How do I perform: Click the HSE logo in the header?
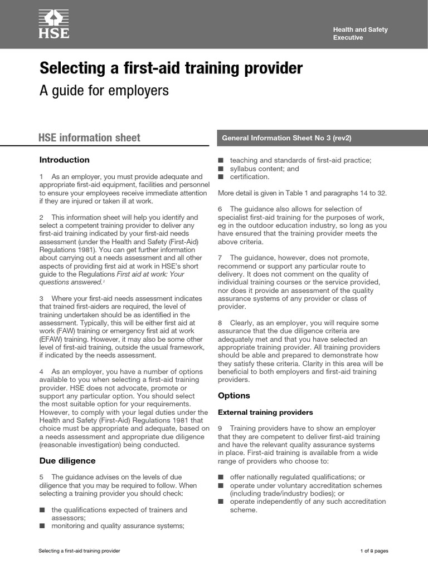[x=53, y=24]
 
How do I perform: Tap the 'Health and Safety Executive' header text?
[x=360, y=33]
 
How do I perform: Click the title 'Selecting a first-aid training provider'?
[x=171, y=68]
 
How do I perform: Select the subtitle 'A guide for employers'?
[x=104, y=91]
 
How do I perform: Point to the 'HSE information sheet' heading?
[x=89, y=137]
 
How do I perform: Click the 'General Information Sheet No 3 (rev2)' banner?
[x=286, y=137]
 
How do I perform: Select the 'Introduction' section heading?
[x=64, y=160]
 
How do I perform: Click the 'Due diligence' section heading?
[x=67, y=460]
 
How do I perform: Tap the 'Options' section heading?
[x=234, y=395]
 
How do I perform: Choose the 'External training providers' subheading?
[x=265, y=412]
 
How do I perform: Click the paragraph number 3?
[x=42, y=299]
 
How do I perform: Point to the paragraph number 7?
[x=221, y=258]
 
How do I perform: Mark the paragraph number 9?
[x=221, y=429]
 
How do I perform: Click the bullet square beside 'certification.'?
[x=221, y=177]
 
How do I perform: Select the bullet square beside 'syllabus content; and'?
[x=221, y=169]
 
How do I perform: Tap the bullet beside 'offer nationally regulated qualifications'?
[x=221, y=477]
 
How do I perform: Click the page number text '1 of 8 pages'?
[x=374, y=551]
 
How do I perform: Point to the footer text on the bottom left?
[x=79, y=551]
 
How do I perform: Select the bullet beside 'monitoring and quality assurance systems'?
[x=42, y=525]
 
